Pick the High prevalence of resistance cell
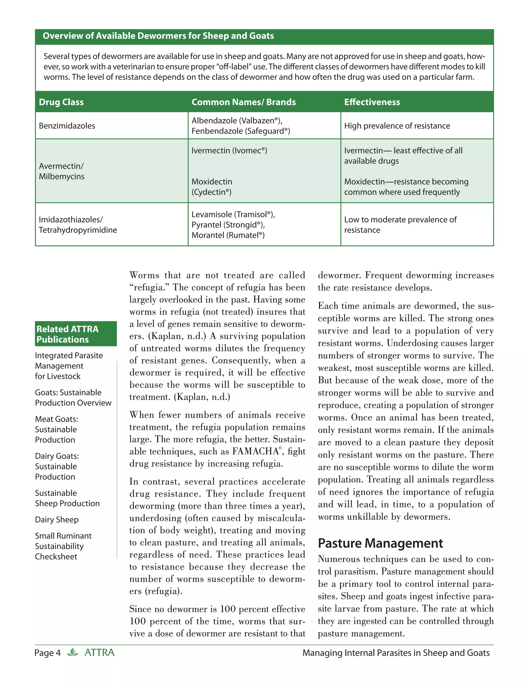point(397,126)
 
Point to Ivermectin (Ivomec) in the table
point(229,150)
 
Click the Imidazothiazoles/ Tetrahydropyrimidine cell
point(78,225)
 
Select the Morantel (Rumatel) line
point(228,235)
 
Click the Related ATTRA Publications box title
point(67,334)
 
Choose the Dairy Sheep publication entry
point(57,520)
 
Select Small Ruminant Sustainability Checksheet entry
point(63,546)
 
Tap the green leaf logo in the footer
point(73,652)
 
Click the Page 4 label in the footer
point(47,653)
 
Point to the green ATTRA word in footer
point(99,653)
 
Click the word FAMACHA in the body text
point(255,451)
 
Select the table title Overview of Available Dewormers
point(158,36)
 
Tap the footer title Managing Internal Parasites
point(396,653)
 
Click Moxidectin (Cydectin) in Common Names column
point(212,187)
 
